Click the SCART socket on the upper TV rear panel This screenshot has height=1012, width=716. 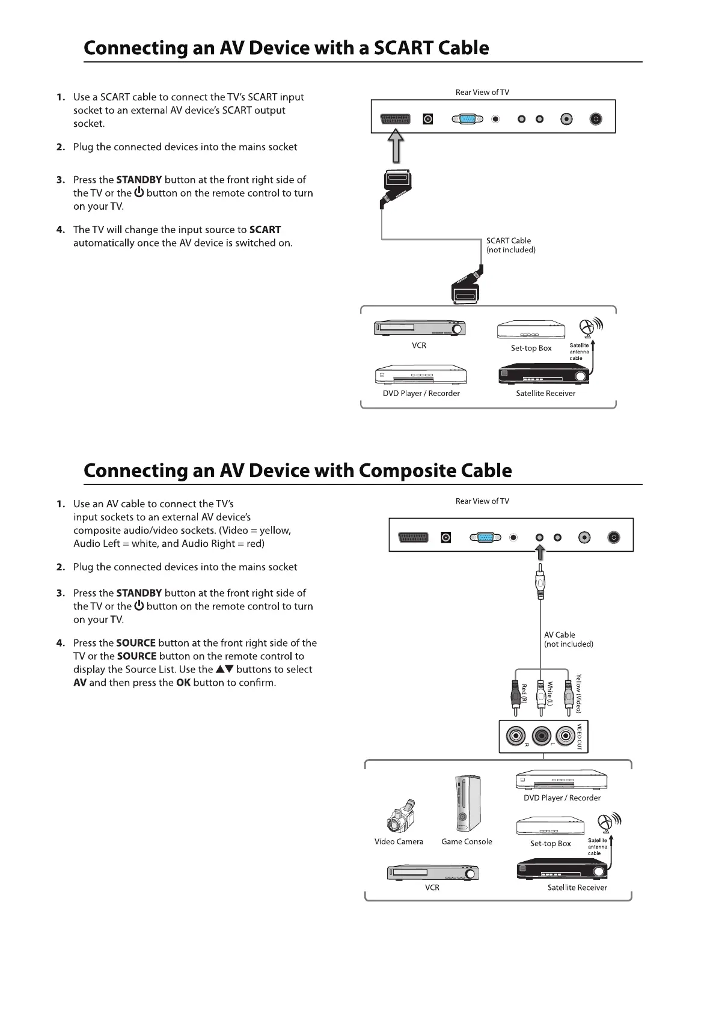pyautogui.click(x=395, y=119)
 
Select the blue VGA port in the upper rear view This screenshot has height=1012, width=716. pyautogui.click(x=467, y=119)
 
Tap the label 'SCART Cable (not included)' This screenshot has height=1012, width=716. pyautogui.click(x=510, y=245)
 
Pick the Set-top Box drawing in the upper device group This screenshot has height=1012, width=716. pyautogui.click(x=531, y=331)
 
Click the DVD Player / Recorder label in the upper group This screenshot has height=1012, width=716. pyautogui.click(x=421, y=394)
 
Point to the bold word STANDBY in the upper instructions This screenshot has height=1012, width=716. pyautogui.click(x=139, y=180)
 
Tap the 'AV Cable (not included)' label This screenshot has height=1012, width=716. pyautogui.click(x=568, y=639)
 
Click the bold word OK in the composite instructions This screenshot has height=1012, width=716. pyautogui.click(x=183, y=683)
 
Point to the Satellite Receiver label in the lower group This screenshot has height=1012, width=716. pyautogui.click(x=577, y=888)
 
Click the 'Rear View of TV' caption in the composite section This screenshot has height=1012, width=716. pyautogui.click(x=482, y=501)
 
